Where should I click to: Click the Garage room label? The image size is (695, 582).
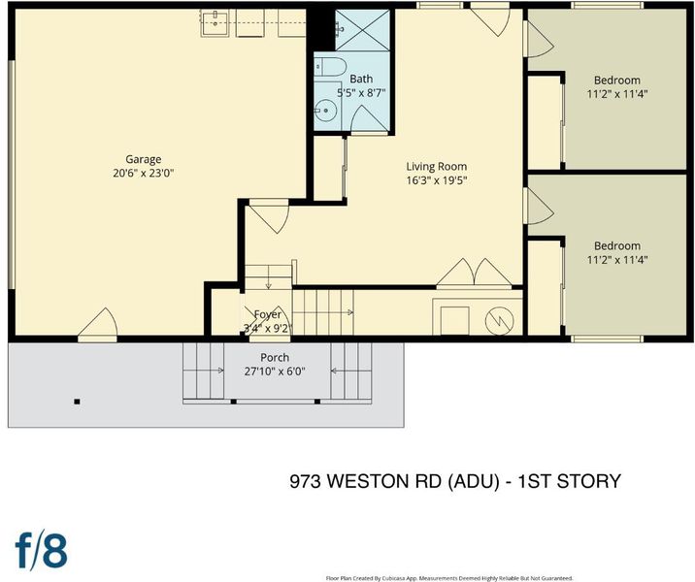click(143, 159)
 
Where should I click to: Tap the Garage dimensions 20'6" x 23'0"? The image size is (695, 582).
click(143, 174)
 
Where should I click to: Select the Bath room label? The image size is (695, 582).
click(361, 79)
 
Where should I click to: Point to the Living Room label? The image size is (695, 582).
click(437, 167)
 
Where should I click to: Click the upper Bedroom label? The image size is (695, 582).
click(617, 81)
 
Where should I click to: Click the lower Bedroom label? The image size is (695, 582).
click(617, 245)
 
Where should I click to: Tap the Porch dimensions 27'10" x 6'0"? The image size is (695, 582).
click(275, 372)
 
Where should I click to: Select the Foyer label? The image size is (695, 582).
click(268, 314)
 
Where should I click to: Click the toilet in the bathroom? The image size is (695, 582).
click(330, 66)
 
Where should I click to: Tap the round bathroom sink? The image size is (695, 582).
click(326, 111)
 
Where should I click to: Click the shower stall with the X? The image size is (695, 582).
click(363, 30)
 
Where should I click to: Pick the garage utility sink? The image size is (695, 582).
click(215, 23)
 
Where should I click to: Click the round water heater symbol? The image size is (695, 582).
click(500, 320)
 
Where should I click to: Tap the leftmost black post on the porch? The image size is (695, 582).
click(77, 402)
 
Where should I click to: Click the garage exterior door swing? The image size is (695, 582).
click(98, 323)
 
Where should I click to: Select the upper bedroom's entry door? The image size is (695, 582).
click(539, 40)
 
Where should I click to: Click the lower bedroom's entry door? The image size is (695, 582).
click(539, 206)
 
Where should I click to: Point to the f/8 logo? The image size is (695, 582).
click(41, 551)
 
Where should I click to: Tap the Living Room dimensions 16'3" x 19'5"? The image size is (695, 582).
click(437, 180)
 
